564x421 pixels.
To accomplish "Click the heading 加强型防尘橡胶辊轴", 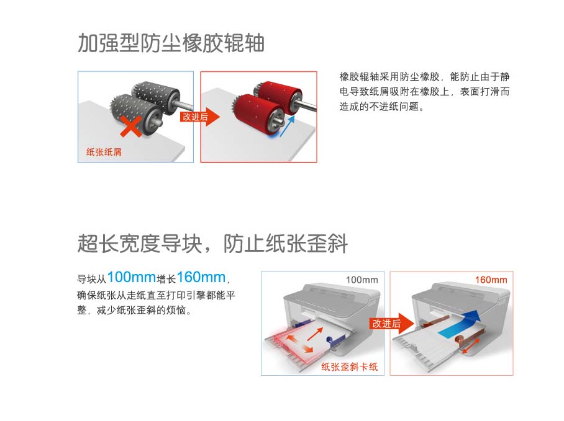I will (x=171, y=43).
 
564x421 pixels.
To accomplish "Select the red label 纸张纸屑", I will (x=104, y=151).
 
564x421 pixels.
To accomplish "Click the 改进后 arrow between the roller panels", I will (x=200, y=117).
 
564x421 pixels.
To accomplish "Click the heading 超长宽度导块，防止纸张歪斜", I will (x=212, y=244).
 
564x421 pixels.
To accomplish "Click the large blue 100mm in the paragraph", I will (x=131, y=277).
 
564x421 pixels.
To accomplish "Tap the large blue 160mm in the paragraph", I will (x=201, y=277).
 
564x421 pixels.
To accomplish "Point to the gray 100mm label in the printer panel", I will (x=362, y=280).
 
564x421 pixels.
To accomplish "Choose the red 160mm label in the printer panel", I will (x=490, y=280).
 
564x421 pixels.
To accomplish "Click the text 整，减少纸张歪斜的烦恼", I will (x=134, y=309).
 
